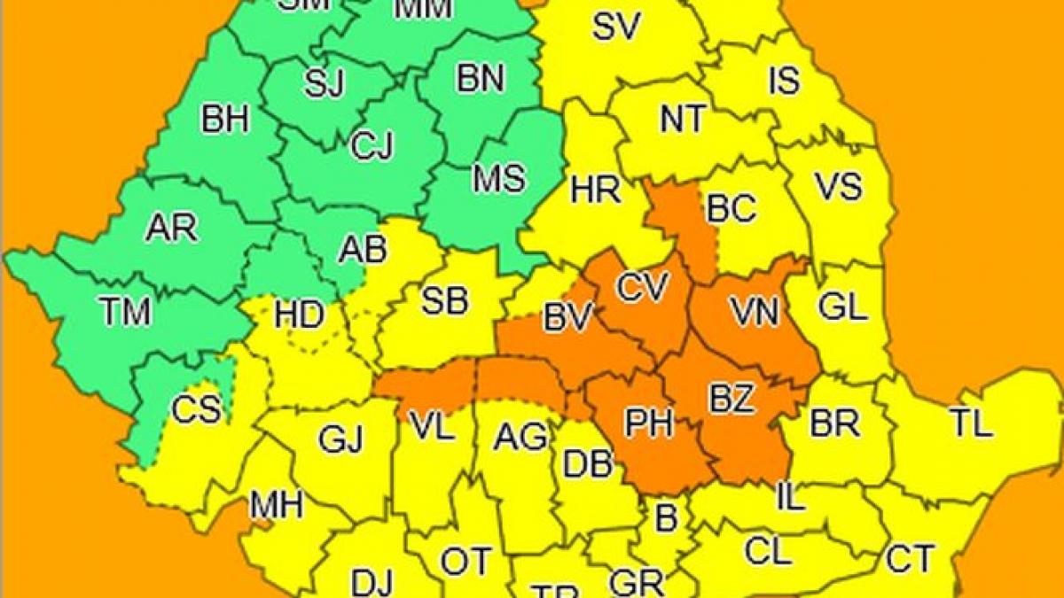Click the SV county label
[x=615, y=27]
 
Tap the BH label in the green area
[x=225, y=119]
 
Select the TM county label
[x=125, y=312]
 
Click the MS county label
[x=498, y=178]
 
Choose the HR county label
[x=596, y=189]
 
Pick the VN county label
[x=754, y=311]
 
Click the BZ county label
[x=731, y=399]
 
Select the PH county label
[x=649, y=423]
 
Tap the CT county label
[x=910, y=559]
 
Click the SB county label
[x=443, y=301]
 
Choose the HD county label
[x=299, y=315]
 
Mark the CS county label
[x=196, y=410]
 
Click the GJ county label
[x=341, y=439]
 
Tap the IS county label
[x=783, y=81]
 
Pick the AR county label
[x=172, y=229]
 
